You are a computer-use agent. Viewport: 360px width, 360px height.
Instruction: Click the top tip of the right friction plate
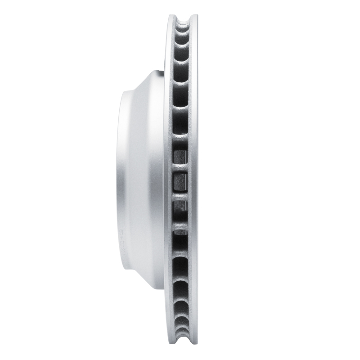195,16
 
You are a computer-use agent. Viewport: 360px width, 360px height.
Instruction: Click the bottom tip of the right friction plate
195,345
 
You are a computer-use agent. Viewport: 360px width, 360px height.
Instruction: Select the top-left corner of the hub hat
121,92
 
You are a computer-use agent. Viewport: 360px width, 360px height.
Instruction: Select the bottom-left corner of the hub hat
121,267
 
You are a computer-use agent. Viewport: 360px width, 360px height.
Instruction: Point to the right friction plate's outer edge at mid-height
196,180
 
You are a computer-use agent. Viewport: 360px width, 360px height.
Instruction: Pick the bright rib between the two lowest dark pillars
180,217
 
